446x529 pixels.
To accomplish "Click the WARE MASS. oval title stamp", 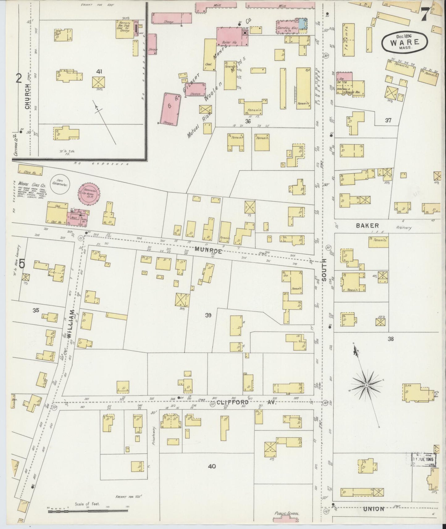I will pyautogui.click(x=405, y=42).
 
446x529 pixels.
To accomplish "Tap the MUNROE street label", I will pyautogui.click(x=208, y=251).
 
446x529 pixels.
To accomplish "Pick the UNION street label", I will pyautogui.click(x=373, y=509).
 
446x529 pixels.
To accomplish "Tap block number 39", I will pyautogui.click(x=208, y=315).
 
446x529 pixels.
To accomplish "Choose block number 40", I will pyautogui.click(x=212, y=466).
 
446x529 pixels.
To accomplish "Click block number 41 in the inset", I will pyautogui.click(x=99, y=72).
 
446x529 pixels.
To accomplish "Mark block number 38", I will pyautogui.click(x=391, y=339).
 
